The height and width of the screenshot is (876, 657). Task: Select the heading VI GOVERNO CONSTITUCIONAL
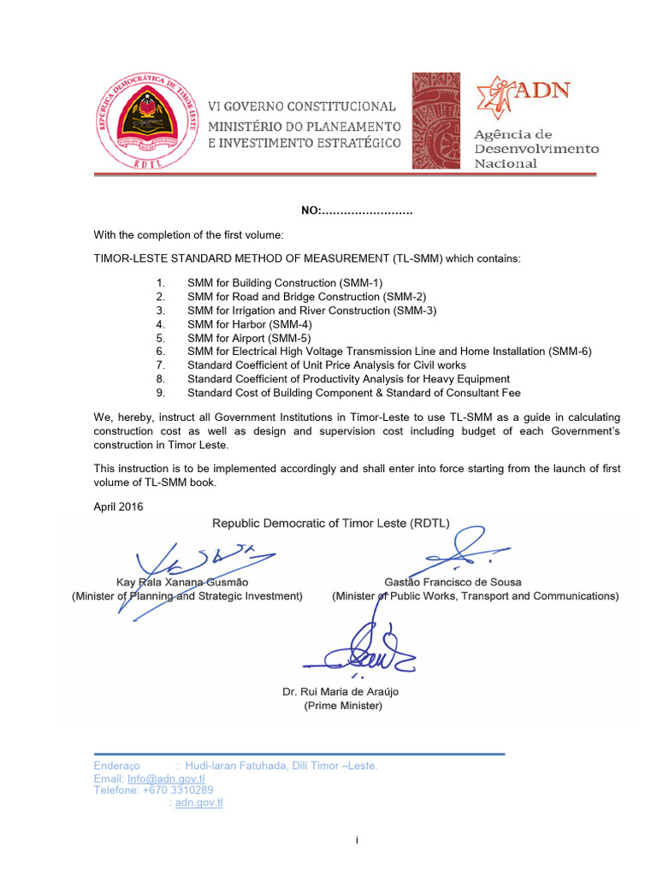pyautogui.click(x=302, y=107)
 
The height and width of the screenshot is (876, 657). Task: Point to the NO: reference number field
pyautogui.click(x=356, y=211)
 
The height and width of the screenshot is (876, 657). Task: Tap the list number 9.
pyautogui.click(x=160, y=392)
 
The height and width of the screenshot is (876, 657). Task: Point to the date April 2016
pyautogui.click(x=118, y=506)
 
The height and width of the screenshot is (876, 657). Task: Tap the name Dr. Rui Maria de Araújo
pyautogui.click(x=340, y=691)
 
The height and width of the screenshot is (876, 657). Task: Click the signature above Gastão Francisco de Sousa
pyautogui.click(x=462, y=551)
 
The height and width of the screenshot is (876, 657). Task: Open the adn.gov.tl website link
pyautogui.click(x=198, y=802)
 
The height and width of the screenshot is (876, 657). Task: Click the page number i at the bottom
pyautogui.click(x=357, y=840)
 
